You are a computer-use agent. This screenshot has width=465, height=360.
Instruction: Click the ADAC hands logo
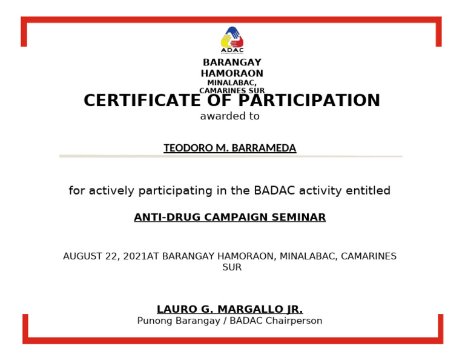pyautogui.click(x=232, y=39)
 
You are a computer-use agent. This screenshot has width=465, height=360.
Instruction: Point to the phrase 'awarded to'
pyautogui.click(x=229, y=116)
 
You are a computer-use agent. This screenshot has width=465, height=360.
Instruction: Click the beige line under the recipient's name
pyautogui.click(x=230, y=156)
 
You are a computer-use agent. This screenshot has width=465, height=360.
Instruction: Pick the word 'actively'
pyautogui.click(x=111, y=191)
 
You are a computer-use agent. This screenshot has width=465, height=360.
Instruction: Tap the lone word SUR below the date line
pyautogui.click(x=232, y=267)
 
